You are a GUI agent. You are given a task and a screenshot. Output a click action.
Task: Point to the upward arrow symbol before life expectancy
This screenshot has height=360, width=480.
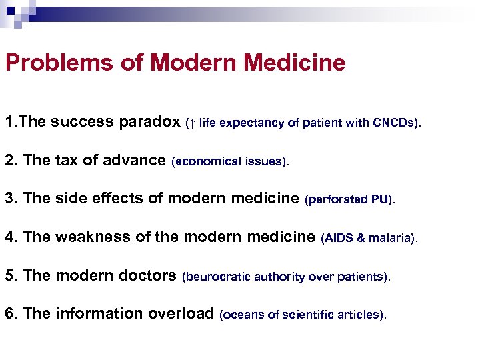click(193, 123)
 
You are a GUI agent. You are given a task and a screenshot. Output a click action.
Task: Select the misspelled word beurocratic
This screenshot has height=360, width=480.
click(214, 276)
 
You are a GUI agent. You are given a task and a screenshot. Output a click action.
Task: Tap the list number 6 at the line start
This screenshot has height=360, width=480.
click(9, 313)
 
